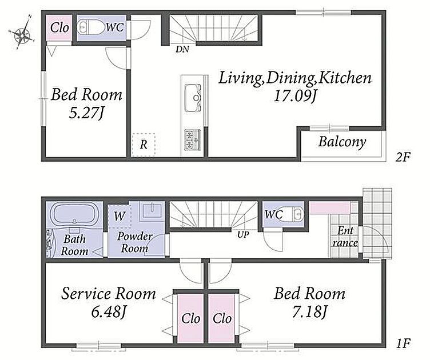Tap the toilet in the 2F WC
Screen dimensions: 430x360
pos(90,27)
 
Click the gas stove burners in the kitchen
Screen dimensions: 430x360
pos(193,140)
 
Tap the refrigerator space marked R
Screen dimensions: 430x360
pos(144,145)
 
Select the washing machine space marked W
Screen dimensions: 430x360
pos(120,215)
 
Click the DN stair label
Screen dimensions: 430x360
pos(182,49)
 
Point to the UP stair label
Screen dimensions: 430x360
pos(243,234)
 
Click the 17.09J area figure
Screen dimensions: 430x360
pos(296,97)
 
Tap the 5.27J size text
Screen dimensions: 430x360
pos(87,113)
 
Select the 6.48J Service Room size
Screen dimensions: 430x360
pos(109,311)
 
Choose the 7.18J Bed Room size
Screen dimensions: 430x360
pos(310,311)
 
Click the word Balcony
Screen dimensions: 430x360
pos(343,142)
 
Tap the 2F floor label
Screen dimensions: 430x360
pos(403,157)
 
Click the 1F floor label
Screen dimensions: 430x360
pos(403,343)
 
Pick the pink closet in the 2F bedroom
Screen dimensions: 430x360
pos(59,27)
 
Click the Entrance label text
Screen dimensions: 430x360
pos(345,237)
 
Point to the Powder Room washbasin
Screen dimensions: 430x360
pos(152,210)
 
